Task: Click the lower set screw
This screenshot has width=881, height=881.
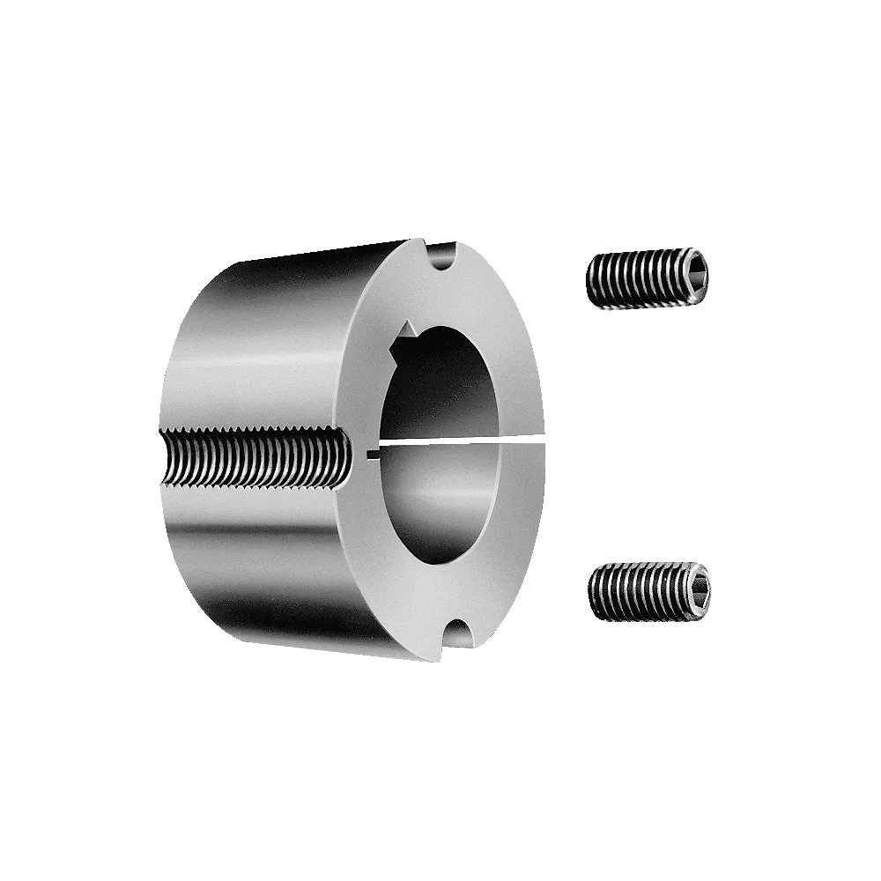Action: pos(648,591)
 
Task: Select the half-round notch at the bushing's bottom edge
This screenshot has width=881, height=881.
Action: pos(459,634)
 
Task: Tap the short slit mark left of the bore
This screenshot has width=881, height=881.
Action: pos(372,454)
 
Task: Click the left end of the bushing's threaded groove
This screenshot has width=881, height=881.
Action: pos(167,455)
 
